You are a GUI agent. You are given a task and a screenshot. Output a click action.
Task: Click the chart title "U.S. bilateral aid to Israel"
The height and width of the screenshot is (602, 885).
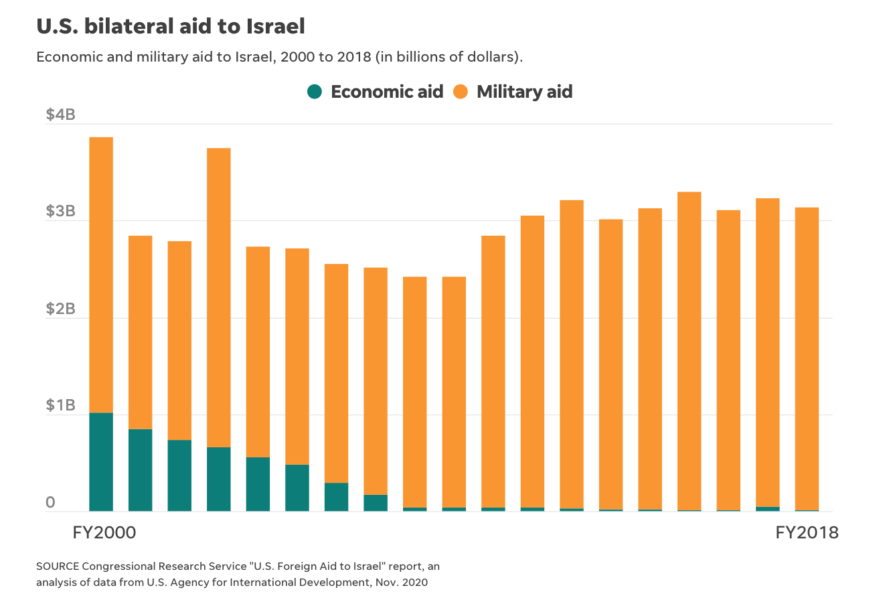pyautogui.click(x=171, y=26)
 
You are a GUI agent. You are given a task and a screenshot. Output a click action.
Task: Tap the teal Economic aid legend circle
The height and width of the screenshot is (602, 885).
pyautogui.click(x=315, y=92)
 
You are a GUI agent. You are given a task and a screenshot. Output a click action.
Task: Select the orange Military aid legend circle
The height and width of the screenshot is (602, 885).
pyautogui.click(x=461, y=92)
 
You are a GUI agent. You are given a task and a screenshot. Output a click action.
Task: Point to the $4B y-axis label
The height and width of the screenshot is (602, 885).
pyautogui.click(x=60, y=115)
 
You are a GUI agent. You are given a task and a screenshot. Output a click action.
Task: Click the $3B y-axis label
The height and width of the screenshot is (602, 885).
pyautogui.click(x=60, y=212)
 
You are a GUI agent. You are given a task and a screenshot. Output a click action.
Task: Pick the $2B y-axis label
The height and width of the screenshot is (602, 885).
pyautogui.click(x=60, y=309)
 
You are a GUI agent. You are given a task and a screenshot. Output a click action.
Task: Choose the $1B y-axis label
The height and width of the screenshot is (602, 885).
pyautogui.click(x=60, y=406)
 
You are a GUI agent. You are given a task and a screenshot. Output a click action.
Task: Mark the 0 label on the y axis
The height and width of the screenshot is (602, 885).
pyautogui.click(x=50, y=503)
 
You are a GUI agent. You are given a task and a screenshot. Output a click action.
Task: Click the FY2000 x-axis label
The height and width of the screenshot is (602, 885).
pyautogui.click(x=104, y=533)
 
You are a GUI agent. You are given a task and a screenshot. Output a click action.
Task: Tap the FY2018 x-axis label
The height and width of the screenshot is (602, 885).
pyautogui.click(x=807, y=533)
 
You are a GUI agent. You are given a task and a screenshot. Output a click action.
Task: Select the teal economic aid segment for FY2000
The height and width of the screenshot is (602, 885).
pyautogui.click(x=101, y=462)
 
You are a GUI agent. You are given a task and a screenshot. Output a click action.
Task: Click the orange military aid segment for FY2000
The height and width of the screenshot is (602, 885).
pyautogui.click(x=101, y=275)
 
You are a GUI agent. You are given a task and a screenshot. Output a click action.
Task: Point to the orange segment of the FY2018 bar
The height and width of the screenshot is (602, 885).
pyautogui.click(x=807, y=358)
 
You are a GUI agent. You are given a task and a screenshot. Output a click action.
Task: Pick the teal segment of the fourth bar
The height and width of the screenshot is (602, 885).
pyautogui.click(x=219, y=479)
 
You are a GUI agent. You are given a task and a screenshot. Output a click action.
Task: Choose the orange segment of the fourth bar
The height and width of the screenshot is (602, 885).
pyautogui.click(x=219, y=298)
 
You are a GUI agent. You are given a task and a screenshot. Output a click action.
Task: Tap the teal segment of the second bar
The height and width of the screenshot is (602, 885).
pyautogui.click(x=141, y=470)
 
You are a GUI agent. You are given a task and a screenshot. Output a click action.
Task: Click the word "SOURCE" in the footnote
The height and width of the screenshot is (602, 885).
pyautogui.click(x=57, y=567)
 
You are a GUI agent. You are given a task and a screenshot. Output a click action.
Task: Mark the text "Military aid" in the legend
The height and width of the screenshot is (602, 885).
pyautogui.click(x=524, y=92)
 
